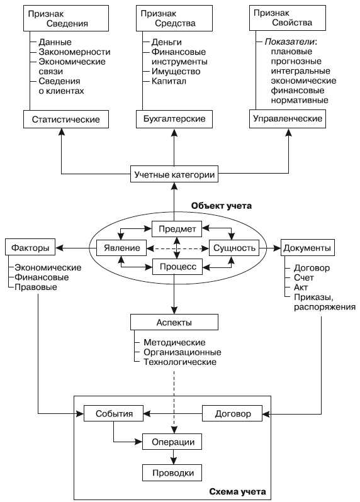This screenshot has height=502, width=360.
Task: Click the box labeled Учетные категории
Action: (174, 174)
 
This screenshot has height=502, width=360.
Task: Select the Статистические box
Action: (61, 118)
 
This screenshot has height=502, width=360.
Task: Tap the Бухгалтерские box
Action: (173, 118)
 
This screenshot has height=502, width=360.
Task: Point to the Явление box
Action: (121, 247)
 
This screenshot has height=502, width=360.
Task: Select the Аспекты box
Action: (174, 322)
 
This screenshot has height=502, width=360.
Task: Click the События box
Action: (113, 414)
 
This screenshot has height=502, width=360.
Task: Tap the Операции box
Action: (173, 442)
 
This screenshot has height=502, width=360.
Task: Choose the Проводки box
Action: (173, 472)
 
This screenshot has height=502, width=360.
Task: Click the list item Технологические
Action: (180, 362)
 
